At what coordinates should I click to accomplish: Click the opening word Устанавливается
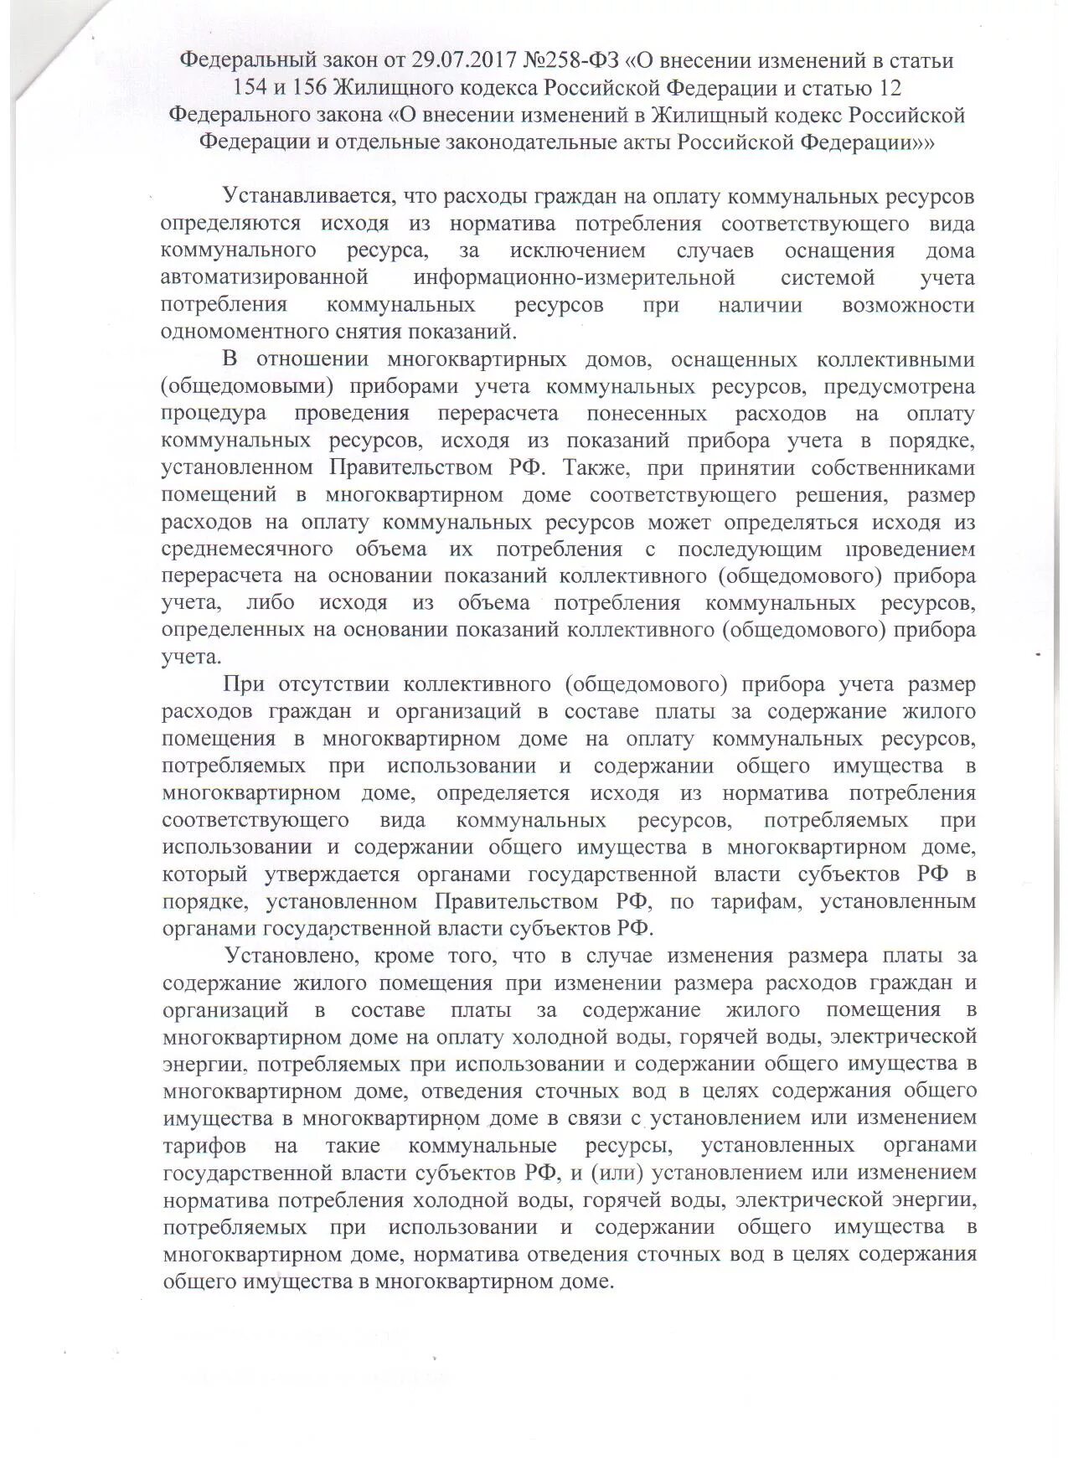coord(307,196)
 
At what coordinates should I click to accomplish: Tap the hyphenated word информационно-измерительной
coord(574,277)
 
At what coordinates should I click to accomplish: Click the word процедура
coord(214,413)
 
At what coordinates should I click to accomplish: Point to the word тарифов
coord(204,1145)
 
